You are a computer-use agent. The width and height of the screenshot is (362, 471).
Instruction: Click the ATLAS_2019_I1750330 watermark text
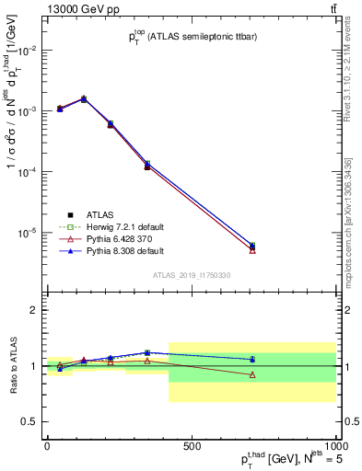[192, 274]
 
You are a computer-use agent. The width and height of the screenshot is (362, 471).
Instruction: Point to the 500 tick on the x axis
[191, 446]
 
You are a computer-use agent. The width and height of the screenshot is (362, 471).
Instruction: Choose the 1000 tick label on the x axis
[334, 446]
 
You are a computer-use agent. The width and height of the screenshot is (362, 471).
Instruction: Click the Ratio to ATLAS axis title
[12, 366]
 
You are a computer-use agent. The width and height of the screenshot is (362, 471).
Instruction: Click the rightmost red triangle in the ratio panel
[252, 374]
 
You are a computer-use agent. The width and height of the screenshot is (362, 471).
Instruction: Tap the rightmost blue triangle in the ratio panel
[252, 359]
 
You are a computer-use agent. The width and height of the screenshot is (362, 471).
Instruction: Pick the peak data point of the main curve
[84, 98]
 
